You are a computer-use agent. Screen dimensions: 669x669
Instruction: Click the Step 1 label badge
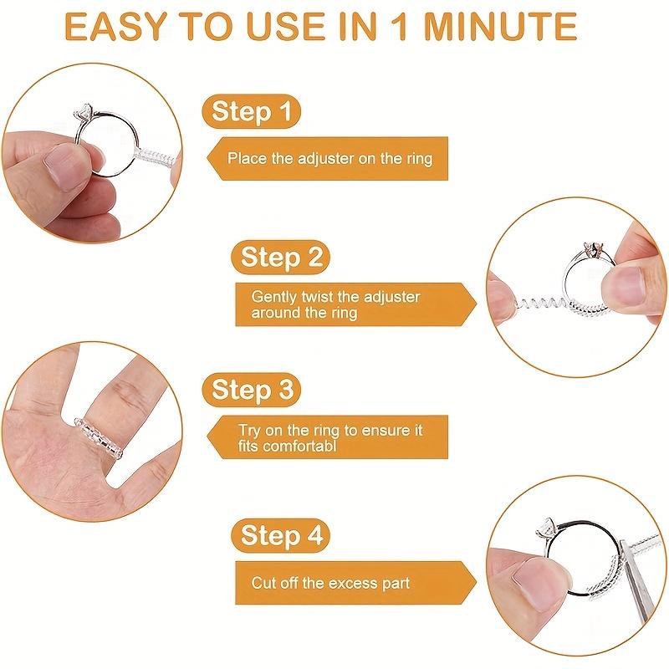(x=251, y=111)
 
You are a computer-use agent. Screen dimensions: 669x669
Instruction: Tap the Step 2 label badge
(x=281, y=257)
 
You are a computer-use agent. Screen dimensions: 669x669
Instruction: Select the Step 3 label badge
(x=251, y=390)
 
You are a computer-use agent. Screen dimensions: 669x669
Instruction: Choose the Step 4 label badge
(x=281, y=535)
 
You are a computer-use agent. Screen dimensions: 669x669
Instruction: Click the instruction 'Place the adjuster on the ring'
(x=329, y=158)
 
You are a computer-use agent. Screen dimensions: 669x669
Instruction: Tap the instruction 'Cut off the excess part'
(x=330, y=582)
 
